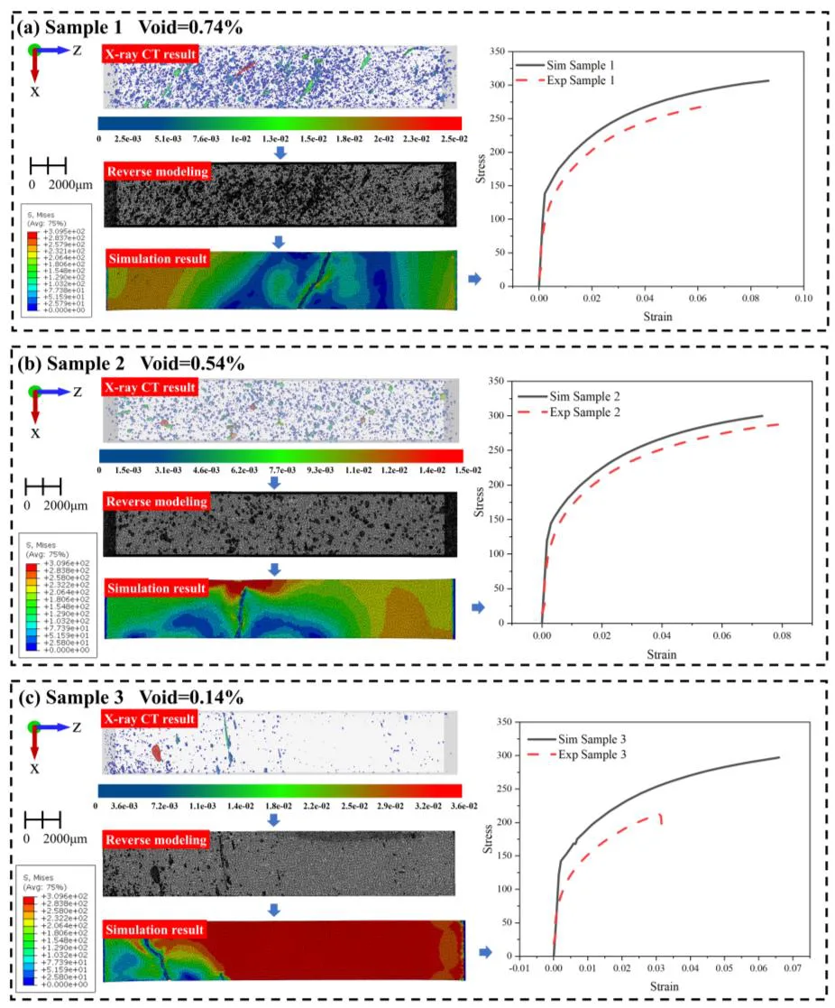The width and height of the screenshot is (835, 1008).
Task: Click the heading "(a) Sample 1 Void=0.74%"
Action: coord(130,28)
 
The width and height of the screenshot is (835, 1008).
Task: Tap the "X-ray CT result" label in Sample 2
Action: coord(149,388)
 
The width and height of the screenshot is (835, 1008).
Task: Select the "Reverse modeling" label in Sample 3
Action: coord(155,840)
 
